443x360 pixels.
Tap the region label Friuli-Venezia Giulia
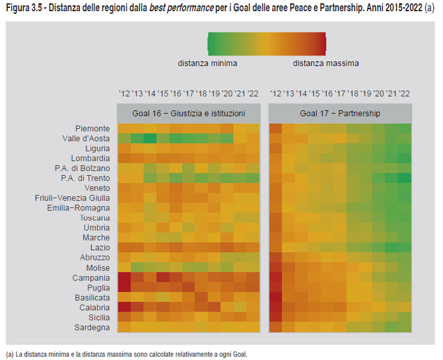tap(73, 198)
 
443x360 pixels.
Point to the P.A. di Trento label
tap(85, 178)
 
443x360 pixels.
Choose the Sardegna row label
tap(92, 327)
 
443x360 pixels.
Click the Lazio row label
tap(98, 247)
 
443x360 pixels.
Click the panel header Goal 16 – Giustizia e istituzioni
tap(188, 113)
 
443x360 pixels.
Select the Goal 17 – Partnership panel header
tap(340, 113)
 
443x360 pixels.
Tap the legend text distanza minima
tap(207, 63)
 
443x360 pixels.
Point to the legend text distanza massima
tap(326, 63)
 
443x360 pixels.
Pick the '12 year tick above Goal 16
tap(124, 94)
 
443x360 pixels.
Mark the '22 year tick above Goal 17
tap(404, 94)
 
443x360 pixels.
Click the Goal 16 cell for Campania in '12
tap(124, 277)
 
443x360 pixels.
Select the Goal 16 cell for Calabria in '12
tap(124, 307)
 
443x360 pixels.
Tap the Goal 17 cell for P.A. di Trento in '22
tap(404, 178)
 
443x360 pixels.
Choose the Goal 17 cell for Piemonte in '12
tap(275, 128)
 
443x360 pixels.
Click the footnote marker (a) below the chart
tap(9, 354)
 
